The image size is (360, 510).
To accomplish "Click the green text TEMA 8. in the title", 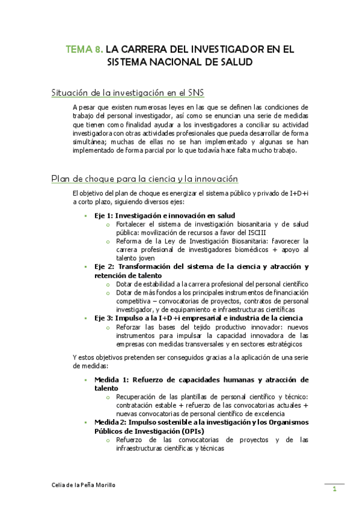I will pyautogui.click(x=85, y=49).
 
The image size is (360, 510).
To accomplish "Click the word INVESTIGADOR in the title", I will pyautogui.click(x=230, y=49).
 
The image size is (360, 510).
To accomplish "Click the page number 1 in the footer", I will pyautogui.click(x=334, y=490).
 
